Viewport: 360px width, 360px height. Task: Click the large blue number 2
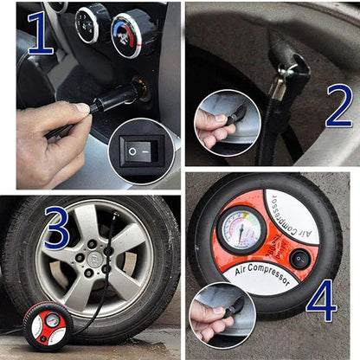click(338, 106)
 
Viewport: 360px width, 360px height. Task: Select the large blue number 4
click(321, 299)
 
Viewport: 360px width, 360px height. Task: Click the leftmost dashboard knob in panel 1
click(89, 23)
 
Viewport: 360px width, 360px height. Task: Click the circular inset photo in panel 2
click(227, 122)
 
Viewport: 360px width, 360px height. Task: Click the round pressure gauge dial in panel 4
click(242, 229)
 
